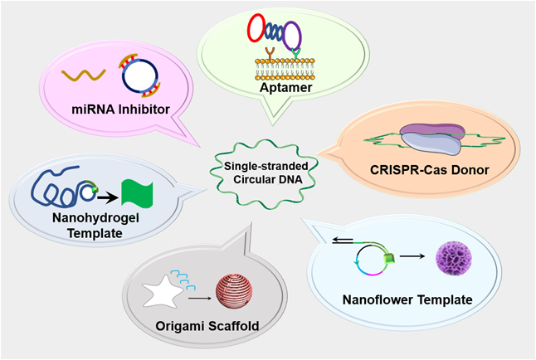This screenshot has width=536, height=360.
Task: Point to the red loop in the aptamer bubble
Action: pyautogui.click(x=258, y=32)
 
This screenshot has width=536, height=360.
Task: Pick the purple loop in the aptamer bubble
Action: pyautogui.click(x=291, y=37)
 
